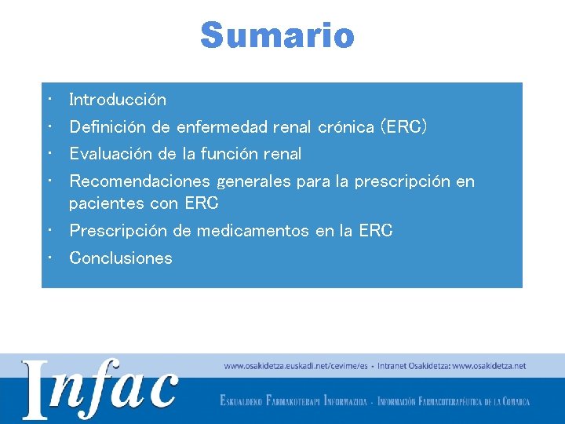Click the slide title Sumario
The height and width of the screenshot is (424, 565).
pyautogui.click(x=277, y=35)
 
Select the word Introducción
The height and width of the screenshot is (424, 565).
pyautogui.click(x=118, y=100)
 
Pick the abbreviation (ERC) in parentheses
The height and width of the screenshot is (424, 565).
pyautogui.click(x=403, y=127)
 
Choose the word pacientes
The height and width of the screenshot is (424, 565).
pyautogui.click(x=104, y=204)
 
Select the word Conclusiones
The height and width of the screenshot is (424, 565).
pyautogui.click(x=121, y=258)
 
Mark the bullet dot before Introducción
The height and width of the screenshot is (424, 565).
pyautogui.click(x=49, y=100)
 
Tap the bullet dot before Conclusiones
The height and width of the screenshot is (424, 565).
pyautogui.click(x=49, y=258)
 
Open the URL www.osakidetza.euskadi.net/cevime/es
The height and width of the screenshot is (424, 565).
pyautogui.click(x=296, y=366)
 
